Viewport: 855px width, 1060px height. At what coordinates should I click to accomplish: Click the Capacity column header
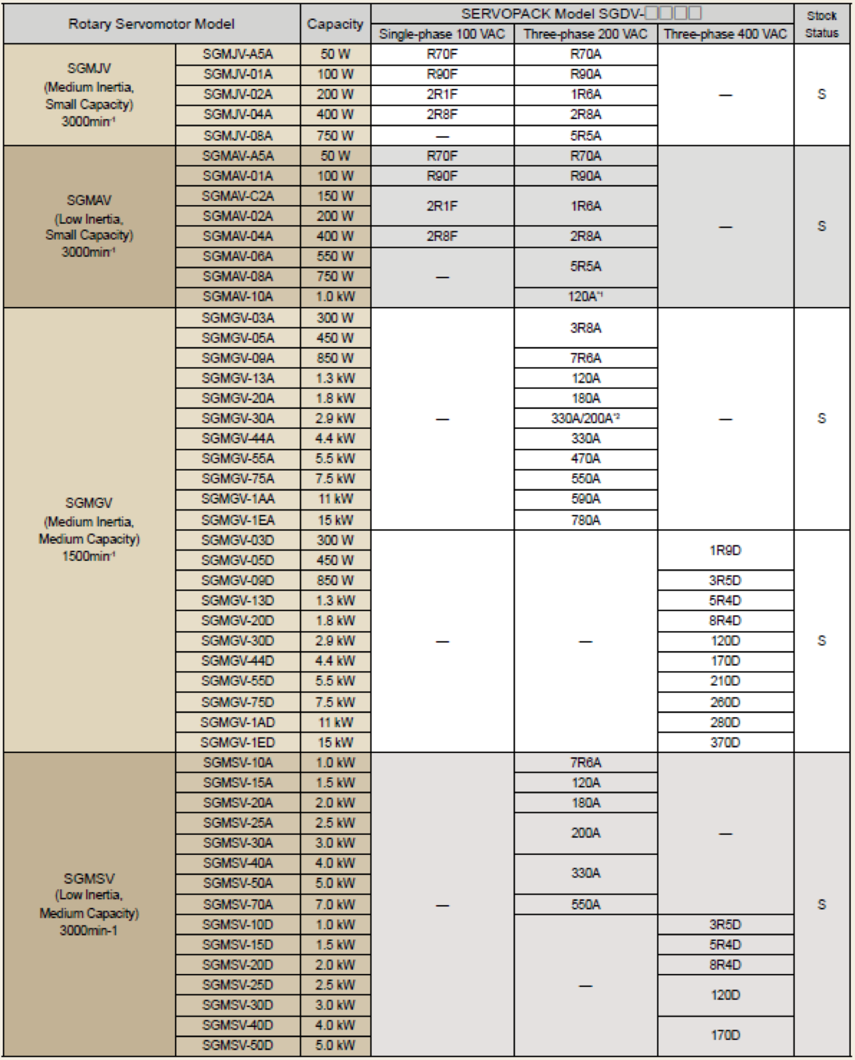click(x=335, y=24)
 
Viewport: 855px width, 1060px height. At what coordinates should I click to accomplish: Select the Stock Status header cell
click(x=822, y=24)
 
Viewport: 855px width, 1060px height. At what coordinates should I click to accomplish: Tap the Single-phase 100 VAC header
click(x=442, y=34)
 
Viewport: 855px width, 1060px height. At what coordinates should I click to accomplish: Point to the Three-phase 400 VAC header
click(x=725, y=34)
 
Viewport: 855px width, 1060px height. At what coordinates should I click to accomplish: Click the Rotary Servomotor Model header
click(x=151, y=24)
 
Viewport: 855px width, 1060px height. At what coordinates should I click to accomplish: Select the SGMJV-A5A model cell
click(x=237, y=54)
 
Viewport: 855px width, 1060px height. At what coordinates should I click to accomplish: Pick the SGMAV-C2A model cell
click(x=237, y=196)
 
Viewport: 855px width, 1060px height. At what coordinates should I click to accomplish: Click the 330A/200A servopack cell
click(x=586, y=418)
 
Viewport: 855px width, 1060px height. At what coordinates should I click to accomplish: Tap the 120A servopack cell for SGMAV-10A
click(x=586, y=297)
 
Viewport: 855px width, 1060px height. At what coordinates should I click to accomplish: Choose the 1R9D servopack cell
click(x=725, y=550)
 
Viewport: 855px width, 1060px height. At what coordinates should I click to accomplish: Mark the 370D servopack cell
click(x=725, y=742)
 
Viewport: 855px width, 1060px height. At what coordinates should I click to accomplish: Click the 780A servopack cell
click(x=586, y=520)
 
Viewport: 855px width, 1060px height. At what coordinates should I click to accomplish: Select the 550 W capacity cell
click(x=335, y=256)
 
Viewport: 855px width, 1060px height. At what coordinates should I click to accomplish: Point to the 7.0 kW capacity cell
click(x=335, y=904)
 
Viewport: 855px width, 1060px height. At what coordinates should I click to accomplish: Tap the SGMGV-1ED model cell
click(x=237, y=742)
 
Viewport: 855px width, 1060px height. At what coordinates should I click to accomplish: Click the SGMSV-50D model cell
click(x=237, y=1045)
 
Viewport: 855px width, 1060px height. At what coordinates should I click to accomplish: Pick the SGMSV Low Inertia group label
click(x=89, y=904)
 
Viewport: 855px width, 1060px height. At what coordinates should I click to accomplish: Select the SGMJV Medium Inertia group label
click(x=89, y=95)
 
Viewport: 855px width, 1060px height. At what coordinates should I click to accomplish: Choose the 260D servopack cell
click(x=725, y=702)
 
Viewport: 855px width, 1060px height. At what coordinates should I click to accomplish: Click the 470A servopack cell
click(x=586, y=458)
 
